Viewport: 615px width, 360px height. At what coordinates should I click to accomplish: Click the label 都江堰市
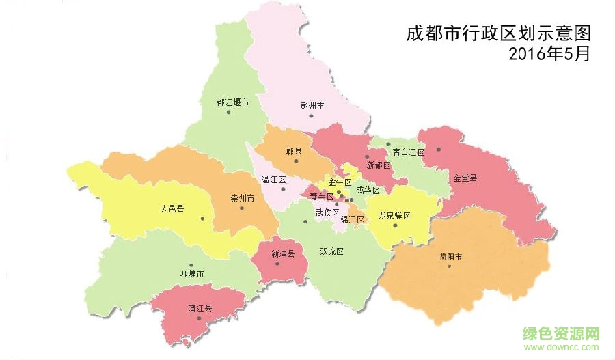click(x=232, y=102)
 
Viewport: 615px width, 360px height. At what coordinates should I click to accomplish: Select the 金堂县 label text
click(x=465, y=178)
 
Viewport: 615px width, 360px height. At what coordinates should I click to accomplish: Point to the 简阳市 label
click(x=451, y=257)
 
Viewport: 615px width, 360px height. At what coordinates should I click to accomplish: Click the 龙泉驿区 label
click(x=394, y=215)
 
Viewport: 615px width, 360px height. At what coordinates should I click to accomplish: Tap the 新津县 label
click(x=282, y=253)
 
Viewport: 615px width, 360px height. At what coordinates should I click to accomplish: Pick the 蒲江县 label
click(x=200, y=308)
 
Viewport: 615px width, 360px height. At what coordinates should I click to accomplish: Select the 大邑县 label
click(x=172, y=209)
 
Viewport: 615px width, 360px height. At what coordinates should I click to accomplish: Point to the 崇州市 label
click(x=242, y=198)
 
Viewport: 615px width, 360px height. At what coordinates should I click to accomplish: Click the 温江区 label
click(x=273, y=180)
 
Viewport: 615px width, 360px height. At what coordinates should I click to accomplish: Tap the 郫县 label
click(x=294, y=152)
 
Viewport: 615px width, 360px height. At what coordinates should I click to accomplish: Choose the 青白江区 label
click(x=409, y=152)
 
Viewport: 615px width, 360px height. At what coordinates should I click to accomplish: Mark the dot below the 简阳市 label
click(x=449, y=266)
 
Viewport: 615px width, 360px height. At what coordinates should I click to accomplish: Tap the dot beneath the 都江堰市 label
click(x=228, y=112)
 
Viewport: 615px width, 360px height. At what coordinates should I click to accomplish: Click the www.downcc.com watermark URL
click(x=561, y=348)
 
